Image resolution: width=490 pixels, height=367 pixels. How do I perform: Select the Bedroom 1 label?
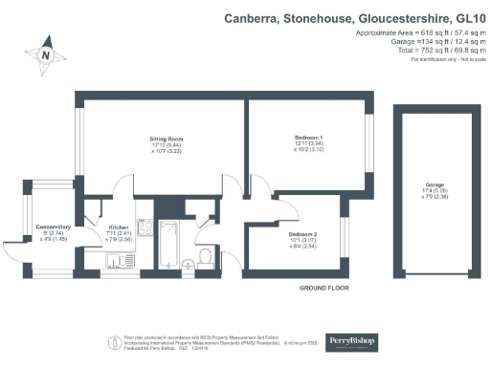(x=307, y=139)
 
